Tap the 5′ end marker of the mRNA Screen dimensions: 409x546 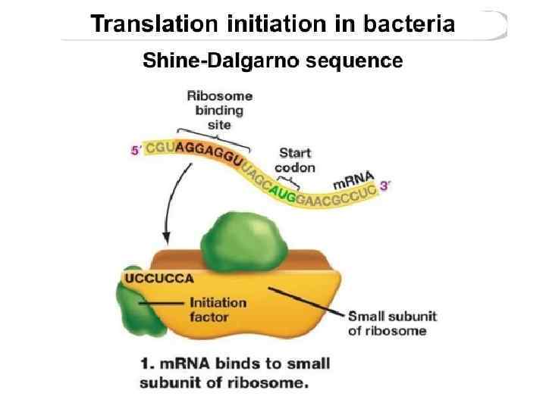coord(136,150)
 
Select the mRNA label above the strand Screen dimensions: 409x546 coord(354,181)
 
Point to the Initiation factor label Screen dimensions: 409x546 coord(218,309)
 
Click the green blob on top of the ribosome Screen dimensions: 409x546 coord(240,236)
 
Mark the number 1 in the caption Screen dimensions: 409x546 coord(146,364)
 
